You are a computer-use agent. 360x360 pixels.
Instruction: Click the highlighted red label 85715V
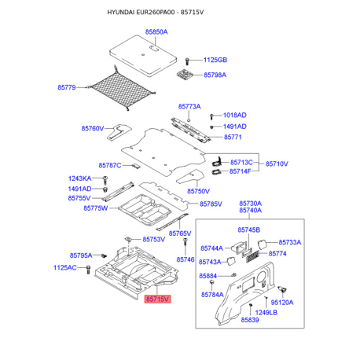[157, 299]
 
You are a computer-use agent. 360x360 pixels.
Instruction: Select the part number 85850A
[156, 32]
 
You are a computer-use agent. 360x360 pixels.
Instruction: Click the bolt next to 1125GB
[187, 61]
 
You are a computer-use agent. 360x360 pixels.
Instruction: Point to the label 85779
[67, 87]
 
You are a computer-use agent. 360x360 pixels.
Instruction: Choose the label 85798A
[215, 75]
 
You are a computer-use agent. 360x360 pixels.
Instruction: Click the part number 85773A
[189, 106]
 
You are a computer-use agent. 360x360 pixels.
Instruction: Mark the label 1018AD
[235, 115]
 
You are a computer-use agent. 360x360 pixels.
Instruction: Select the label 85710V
[277, 163]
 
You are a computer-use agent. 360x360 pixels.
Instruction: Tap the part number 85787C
[110, 165]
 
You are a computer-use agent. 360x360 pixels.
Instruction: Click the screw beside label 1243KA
[105, 180]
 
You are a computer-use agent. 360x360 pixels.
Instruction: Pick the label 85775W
[96, 208]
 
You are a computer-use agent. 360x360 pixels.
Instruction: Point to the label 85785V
[211, 204]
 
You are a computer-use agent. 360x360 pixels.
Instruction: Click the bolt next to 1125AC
[88, 270]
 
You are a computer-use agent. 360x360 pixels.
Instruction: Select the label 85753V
[154, 240]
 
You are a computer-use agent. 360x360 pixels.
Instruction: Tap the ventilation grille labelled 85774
[252, 256]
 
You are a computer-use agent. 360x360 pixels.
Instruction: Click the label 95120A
[282, 303]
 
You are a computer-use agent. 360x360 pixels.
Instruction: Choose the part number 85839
[250, 320]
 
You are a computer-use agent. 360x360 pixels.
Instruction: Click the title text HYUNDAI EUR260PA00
[141, 12]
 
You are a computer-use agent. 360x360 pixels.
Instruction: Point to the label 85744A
[211, 248]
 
